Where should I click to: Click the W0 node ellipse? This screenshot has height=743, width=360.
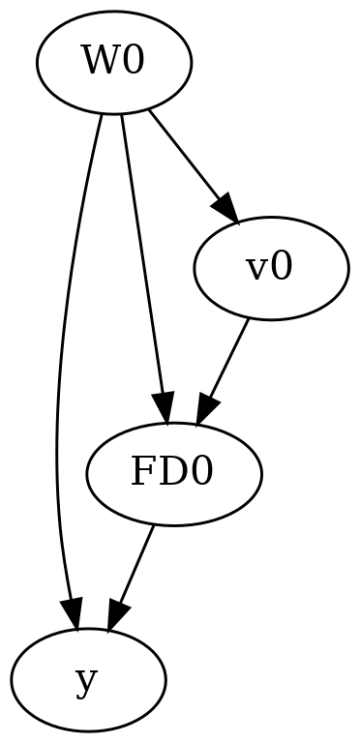[114, 64]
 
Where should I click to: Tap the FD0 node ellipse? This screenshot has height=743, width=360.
[174, 474]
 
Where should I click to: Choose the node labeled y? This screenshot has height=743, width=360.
[88, 679]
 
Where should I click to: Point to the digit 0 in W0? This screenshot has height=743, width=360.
[134, 64]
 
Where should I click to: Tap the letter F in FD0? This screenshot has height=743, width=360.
[147, 474]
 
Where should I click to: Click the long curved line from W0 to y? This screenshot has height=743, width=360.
[58, 387]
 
